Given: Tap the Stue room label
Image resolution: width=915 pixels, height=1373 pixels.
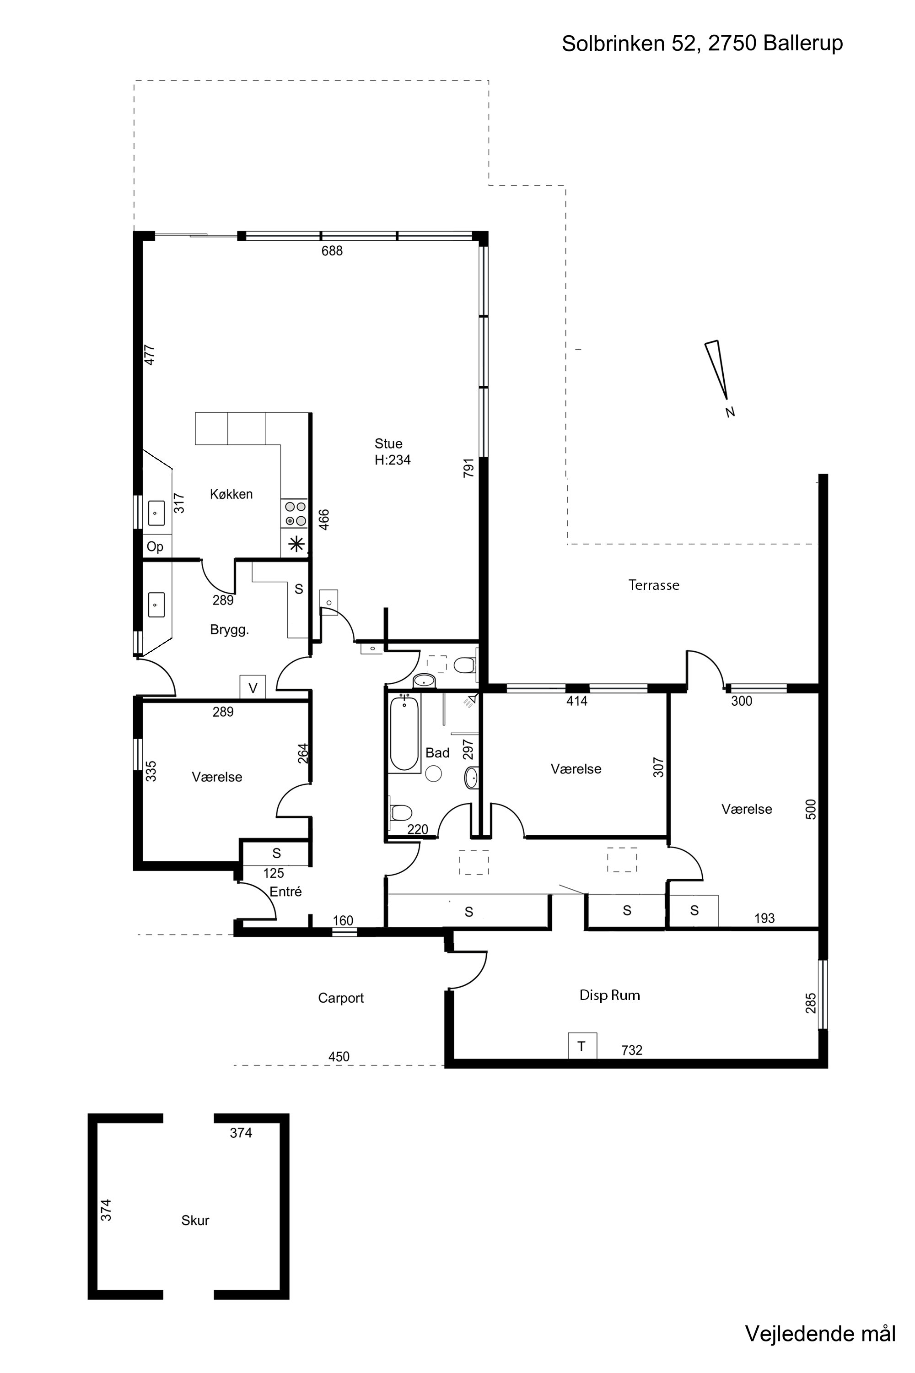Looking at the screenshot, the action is (x=388, y=443).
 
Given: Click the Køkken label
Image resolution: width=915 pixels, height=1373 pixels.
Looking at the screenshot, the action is (x=231, y=494).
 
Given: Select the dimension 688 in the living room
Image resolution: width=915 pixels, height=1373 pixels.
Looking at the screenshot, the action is (x=332, y=251).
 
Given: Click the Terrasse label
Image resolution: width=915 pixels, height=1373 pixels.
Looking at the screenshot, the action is (x=654, y=585).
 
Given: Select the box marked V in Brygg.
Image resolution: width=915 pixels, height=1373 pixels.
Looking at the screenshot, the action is (x=253, y=687).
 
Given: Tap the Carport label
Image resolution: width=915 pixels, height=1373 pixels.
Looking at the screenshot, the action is (x=341, y=998).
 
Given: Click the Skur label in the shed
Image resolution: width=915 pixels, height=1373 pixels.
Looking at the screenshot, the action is (x=195, y=1220).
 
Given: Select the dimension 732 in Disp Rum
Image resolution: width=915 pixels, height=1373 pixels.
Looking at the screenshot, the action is (x=632, y=1051).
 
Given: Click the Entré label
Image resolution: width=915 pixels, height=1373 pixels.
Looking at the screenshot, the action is (x=285, y=892).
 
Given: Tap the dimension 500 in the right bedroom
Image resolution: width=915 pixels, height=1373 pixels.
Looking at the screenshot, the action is (x=811, y=809).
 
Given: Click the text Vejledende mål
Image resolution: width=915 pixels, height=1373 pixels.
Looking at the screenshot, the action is (x=820, y=1333).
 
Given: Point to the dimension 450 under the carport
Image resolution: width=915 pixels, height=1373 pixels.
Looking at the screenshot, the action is (x=339, y=1057).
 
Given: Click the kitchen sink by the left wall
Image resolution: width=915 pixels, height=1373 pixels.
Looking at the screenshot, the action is (x=156, y=513).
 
